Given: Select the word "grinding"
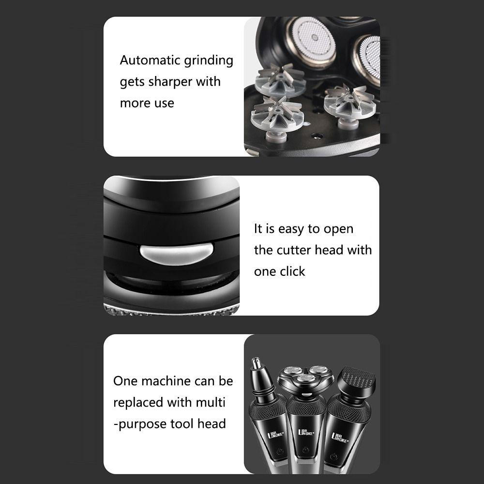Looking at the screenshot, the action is [x=209, y=61].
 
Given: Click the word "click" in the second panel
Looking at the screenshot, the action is [x=292, y=272].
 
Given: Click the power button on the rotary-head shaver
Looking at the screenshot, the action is [x=305, y=449].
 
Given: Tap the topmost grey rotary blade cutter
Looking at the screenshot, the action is [x=280, y=80].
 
